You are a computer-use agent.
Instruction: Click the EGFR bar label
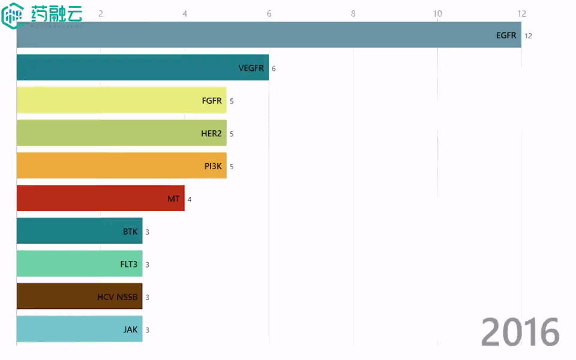(x=506, y=35)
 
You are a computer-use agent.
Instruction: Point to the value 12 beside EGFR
(x=528, y=36)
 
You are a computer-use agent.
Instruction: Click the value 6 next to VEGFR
(x=274, y=68)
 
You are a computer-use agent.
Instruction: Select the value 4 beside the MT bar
(x=190, y=199)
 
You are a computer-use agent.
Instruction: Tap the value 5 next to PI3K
(x=232, y=166)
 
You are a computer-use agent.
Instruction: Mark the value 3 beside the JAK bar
(x=148, y=330)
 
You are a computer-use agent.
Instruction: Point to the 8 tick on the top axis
(x=353, y=13)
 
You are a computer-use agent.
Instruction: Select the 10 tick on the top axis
(x=437, y=13)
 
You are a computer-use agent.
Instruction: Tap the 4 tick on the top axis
(x=185, y=13)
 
